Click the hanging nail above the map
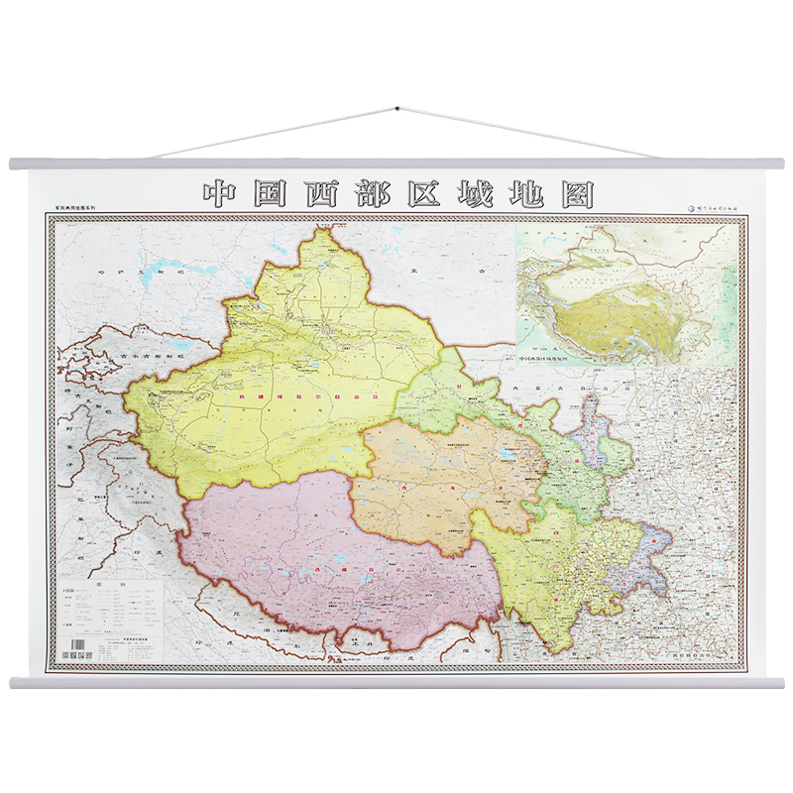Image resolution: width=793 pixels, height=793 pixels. [x=396, y=108]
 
